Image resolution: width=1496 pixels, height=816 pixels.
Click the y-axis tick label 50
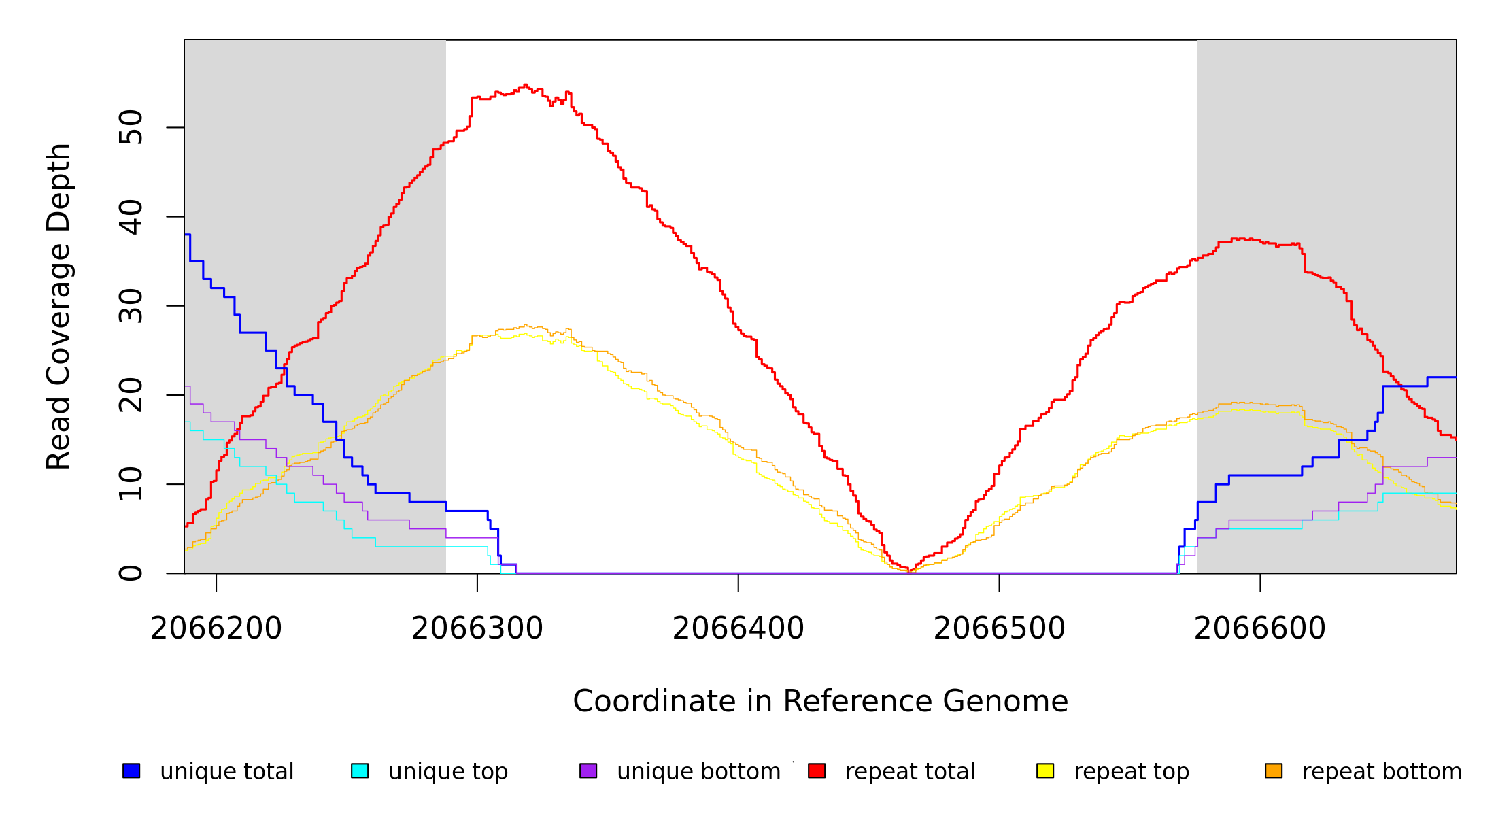point(131,127)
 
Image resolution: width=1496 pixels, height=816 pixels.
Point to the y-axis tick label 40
point(131,217)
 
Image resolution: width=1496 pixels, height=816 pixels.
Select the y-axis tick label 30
point(131,306)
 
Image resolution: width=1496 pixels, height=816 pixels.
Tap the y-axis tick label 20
point(131,395)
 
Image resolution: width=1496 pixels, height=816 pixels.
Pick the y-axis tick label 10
point(131,484)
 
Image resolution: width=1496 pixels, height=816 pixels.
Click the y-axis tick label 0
point(131,573)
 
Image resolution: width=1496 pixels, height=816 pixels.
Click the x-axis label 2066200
point(216,628)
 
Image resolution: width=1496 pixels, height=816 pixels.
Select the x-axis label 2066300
point(477,628)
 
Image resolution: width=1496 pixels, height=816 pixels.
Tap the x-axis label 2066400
point(738,628)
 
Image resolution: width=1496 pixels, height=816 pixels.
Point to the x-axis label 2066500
point(1000,628)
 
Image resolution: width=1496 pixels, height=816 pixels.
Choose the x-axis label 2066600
point(1260,628)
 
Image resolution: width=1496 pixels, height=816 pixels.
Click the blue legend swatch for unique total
point(131,770)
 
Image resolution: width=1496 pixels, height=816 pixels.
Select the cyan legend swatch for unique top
point(360,770)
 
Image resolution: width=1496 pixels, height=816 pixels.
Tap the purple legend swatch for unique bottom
point(588,770)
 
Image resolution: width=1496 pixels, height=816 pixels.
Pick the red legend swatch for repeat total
point(817,770)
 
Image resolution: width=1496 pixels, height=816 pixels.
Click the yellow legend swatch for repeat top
point(1045,770)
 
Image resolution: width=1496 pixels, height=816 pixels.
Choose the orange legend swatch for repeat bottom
point(1274,770)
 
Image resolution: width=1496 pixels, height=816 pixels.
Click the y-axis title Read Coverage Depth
point(58,306)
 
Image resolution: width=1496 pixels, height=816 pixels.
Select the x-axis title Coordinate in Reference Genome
point(820,701)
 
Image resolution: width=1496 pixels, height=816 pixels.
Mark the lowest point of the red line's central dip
point(909,571)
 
